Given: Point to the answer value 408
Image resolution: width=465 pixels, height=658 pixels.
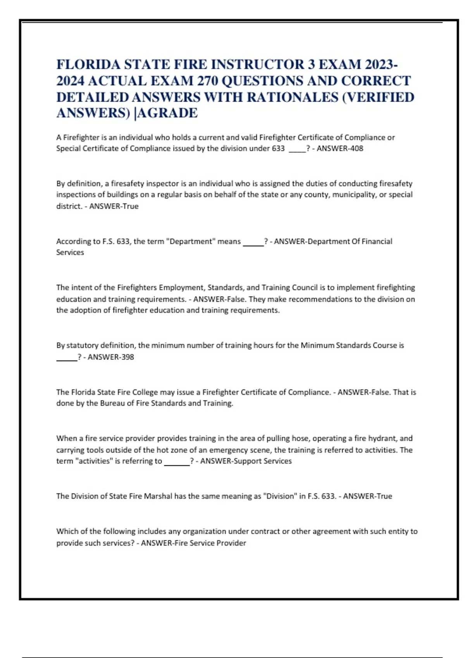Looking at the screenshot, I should click(x=356, y=149).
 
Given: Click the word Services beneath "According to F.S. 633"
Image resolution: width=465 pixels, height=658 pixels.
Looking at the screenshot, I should click(x=70, y=253).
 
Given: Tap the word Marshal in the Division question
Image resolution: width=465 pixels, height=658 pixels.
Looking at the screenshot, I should click(x=158, y=496).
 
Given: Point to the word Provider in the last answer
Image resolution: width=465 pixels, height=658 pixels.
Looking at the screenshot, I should click(x=231, y=543).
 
